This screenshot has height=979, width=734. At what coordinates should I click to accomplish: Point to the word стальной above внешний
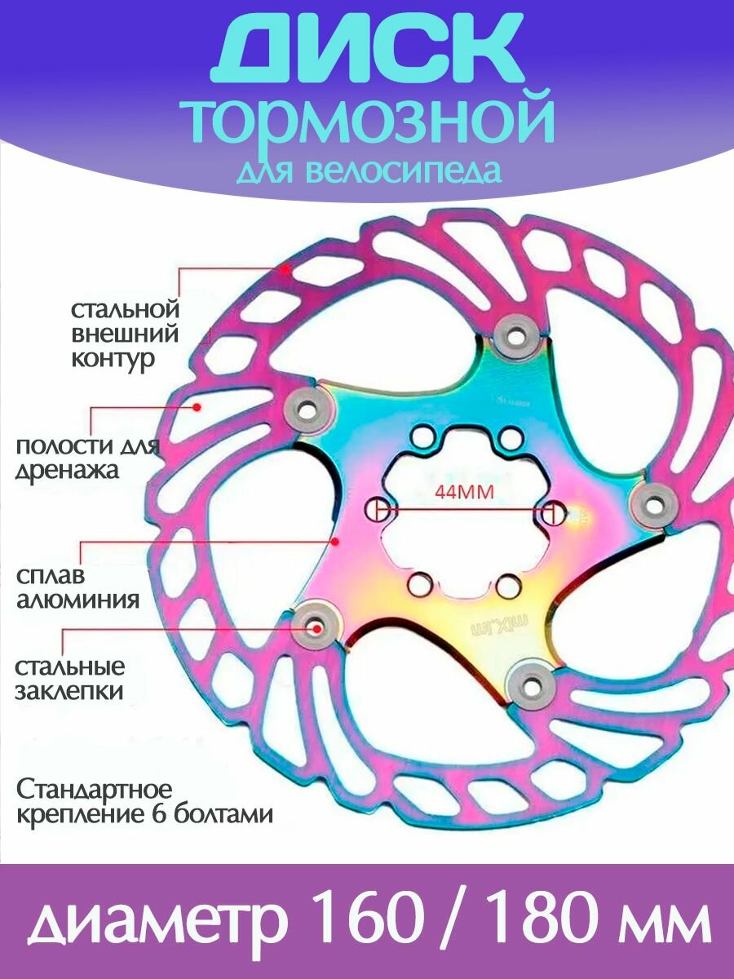124,310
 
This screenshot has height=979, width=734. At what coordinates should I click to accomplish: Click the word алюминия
77,600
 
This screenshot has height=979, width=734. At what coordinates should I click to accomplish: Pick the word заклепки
69,692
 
